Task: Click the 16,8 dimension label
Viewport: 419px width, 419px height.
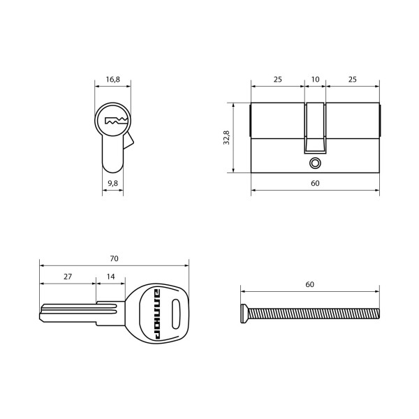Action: click(x=112, y=80)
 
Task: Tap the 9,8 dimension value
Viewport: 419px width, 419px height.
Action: click(x=112, y=183)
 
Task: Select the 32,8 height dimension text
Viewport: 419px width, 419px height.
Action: click(x=226, y=138)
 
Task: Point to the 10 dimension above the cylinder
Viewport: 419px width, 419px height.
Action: click(x=316, y=80)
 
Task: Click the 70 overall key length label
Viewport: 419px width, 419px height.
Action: click(x=114, y=258)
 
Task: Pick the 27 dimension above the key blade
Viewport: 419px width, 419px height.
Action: click(x=68, y=277)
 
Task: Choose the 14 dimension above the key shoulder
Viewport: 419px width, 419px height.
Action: click(x=110, y=277)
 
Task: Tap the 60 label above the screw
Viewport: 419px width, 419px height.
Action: click(x=309, y=284)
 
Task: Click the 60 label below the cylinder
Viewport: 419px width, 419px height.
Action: click(x=316, y=183)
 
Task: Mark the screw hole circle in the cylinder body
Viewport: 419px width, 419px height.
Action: click(x=316, y=163)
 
